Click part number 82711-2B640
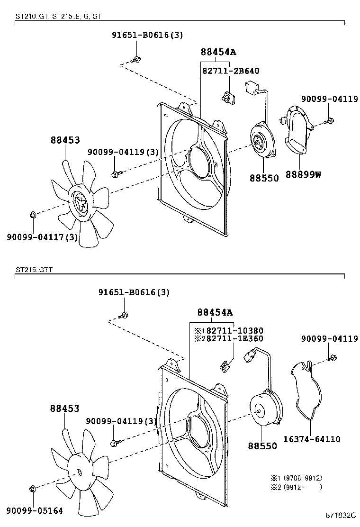click(230, 71)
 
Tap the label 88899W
click(303, 174)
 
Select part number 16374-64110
click(312, 439)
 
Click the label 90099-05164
click(35, 511)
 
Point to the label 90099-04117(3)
click(42, 237)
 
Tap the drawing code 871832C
click(341, 515)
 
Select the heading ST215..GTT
click(34, 270)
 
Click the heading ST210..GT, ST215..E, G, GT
click(58, 16)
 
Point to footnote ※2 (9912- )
click(297, 487)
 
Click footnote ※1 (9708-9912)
click(297, 478)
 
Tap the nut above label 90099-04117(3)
click(33, 214)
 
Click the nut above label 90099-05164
click(33, 488)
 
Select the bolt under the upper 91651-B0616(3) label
click(135, 60)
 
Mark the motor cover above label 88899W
click(297, 130)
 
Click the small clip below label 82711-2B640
click(228, 98)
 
